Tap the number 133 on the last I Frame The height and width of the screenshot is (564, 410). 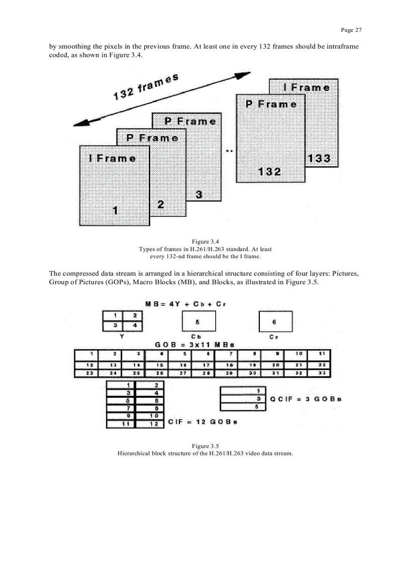pos(319,158)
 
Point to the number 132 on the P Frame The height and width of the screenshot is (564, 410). pos(270,172)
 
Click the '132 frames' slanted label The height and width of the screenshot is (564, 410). pos(146,86)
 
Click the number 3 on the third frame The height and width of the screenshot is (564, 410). pos(198,195)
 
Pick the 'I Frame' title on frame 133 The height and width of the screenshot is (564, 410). pos(306,87)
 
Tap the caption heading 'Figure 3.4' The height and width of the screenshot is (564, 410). pos(205,242)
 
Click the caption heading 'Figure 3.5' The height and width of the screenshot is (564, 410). pos(205,446)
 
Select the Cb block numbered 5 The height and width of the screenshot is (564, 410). pos(198,321)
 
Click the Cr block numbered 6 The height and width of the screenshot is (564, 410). pos(274,321)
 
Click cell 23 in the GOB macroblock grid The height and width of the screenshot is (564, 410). pos(86,373)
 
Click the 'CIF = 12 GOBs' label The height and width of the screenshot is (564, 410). pos(202,422)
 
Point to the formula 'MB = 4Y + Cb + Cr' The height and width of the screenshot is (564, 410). pos(184,304)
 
